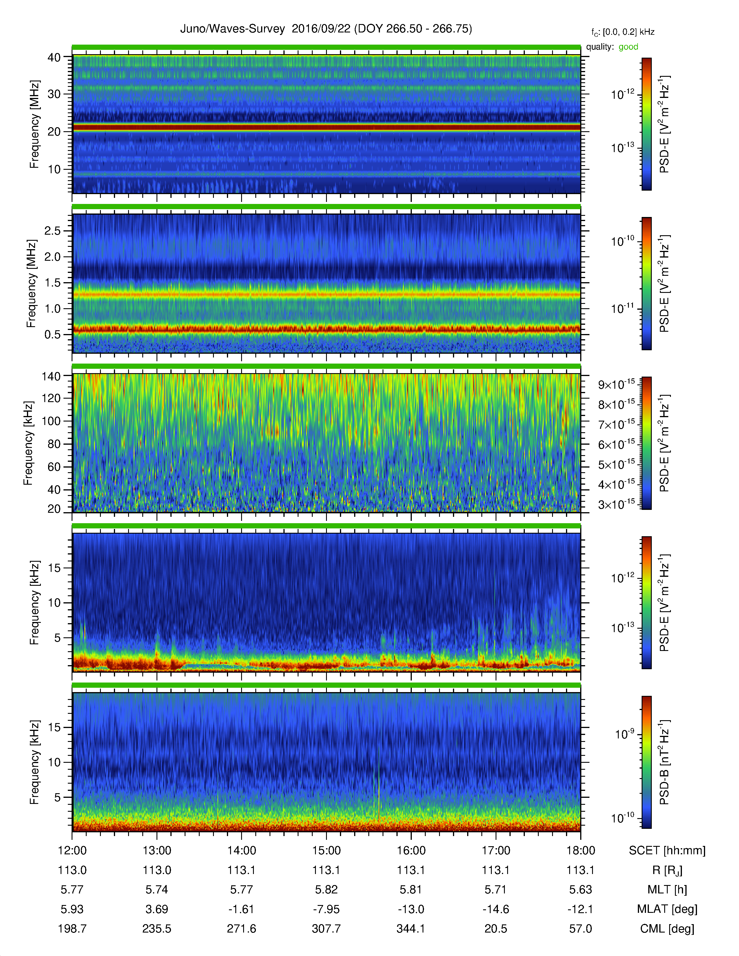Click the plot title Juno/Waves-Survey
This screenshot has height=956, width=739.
point(232,29)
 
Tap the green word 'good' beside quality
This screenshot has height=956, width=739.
point(628,47)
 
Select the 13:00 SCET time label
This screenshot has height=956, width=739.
point(157,851)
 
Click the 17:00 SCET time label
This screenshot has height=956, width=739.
point(496,851)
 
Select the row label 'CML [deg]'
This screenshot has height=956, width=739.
point(667,928)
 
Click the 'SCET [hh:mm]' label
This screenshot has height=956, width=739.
point(667,851)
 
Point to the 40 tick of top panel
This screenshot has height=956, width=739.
point(54,57)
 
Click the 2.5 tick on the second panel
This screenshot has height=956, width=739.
point(52,231)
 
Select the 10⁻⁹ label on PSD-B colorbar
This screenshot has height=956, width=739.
point(624,734)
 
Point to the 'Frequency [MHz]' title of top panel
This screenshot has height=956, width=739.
point(34,124)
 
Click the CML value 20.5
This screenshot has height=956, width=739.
point(496,928)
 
